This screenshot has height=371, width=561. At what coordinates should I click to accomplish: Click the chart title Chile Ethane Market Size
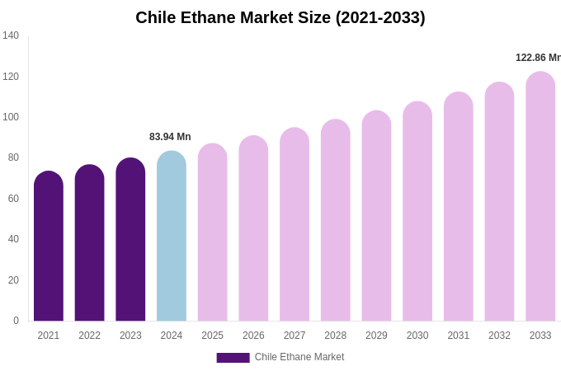pos(280,17)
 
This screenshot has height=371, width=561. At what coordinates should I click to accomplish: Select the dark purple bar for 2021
pos(49,247)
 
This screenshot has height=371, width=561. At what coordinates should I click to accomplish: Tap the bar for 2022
pos(89,243)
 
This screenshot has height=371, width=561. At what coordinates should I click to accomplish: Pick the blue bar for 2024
pos(172,237)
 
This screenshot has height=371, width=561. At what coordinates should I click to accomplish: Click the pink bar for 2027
pos(295,225)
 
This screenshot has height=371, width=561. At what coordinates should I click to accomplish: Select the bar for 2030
pos(417,212)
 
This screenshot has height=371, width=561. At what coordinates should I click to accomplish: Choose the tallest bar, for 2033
pos(540,198)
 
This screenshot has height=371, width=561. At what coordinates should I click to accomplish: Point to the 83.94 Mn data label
pos(170,137)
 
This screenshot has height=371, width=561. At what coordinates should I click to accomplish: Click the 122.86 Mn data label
pos(538,58)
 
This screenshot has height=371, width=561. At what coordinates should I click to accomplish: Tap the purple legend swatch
pos(233,358)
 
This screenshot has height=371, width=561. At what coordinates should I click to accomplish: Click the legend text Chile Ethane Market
pos(299,357)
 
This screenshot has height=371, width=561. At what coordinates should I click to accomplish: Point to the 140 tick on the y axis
pos(11,35)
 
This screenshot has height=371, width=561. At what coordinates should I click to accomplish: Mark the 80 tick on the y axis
pos(13,157)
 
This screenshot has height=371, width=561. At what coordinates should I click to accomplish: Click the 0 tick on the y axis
pos(16,321)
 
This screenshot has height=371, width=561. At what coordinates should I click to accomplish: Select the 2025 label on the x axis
pos(212,336)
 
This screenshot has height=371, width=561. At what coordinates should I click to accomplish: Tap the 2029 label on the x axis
pos(376,336)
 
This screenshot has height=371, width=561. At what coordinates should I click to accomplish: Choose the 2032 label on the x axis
pos(499,336)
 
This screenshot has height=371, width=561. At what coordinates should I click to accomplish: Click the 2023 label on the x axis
pos(130,336)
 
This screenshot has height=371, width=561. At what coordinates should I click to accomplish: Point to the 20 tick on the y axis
pos(13,280)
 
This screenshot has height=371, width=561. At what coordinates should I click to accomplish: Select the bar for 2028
pos(336,221)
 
